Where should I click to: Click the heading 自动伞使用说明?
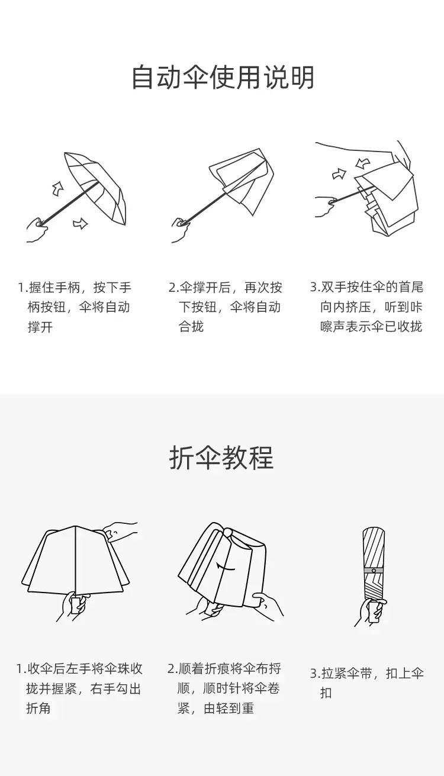(x=223, y=77)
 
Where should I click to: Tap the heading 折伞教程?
(x=221, y=458)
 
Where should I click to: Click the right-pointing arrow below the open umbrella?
(x=80, y=224)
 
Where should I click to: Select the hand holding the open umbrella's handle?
(x=37, y=230)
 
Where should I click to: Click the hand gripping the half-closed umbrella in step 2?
(x=181, y=230)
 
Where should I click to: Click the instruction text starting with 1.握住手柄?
(x=75, y=307)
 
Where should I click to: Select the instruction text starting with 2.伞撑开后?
(x=226, y=307)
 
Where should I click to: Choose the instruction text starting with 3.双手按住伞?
(x=366, y=307)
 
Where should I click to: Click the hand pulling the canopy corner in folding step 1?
(x=120, y=532)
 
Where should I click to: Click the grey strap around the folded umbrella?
(x=374, y=570)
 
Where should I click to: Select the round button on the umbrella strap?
(x=374, y=570)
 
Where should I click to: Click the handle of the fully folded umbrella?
(x=372, y=612)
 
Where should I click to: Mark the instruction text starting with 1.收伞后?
(x=79, y=688)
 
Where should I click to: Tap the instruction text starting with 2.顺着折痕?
(x=224, y=688)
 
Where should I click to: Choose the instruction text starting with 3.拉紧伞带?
(x=366, y=683)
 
